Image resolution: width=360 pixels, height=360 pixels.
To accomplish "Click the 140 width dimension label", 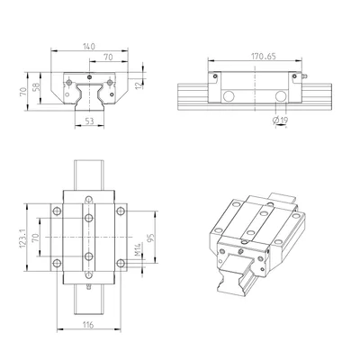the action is (89, 47).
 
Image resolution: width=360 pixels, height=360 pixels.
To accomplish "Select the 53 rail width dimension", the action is (89, 121).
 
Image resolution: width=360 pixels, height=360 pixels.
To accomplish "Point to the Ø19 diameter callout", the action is (280, 121).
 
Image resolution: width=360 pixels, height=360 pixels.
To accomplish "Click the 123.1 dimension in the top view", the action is (23, 238).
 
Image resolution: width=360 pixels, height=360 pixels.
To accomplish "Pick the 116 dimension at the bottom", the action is (88, 325).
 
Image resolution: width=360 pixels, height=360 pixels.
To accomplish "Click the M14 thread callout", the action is (137, 249).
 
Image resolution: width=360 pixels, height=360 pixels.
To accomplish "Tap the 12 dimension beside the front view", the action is (138, 85).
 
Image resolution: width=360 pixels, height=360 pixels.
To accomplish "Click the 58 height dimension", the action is (36, 87).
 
